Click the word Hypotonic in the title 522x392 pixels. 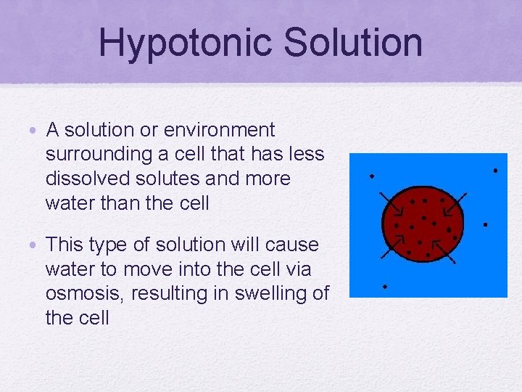click(186, 42)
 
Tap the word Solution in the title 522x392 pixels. click(353, 42)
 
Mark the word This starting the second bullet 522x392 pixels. click(65, 245)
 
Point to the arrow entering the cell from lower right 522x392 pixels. click(444, 251)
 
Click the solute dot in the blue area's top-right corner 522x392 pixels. click(495, 171)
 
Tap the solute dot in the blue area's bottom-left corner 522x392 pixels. click(384, 287)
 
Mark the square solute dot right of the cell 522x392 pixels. click(484, 224)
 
